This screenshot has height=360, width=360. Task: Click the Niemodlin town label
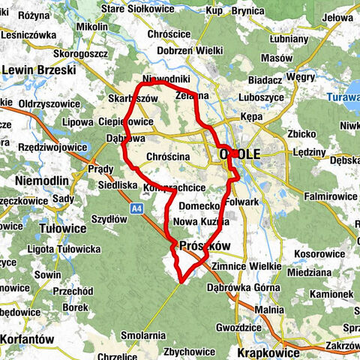pyautogui.click(x=42, y=181)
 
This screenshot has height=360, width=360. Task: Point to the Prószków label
pyautogui.click(x=202, y=246)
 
